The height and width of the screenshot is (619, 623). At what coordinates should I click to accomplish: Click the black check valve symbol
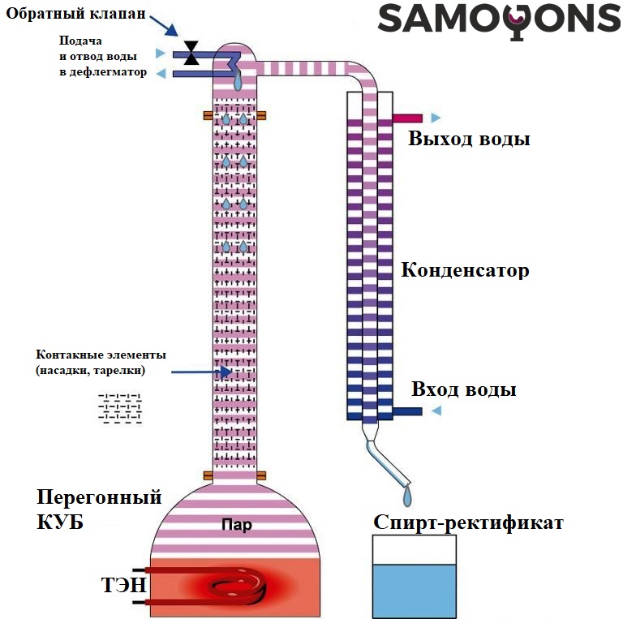coord(191,53)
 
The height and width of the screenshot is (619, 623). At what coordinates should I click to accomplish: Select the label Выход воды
coord(469,139)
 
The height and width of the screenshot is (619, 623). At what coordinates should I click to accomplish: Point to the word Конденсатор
coord(465,270)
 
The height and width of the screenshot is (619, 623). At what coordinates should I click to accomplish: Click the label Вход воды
coord(463,389)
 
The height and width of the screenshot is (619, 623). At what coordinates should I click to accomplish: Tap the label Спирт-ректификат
coord(468,522)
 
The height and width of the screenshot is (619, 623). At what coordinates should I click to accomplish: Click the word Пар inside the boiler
coord(236,525)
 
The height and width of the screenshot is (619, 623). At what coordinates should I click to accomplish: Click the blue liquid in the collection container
coord(414,591)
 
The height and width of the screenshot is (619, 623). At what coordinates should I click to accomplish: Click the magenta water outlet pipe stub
coord(406,118)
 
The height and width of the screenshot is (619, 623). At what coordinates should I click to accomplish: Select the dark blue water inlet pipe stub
coord(406,411)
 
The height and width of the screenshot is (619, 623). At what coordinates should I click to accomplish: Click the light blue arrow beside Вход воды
coord(436,411)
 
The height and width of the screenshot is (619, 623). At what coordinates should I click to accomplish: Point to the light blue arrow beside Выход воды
coord(436,118)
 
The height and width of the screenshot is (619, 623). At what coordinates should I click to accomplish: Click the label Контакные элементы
coord(101,355)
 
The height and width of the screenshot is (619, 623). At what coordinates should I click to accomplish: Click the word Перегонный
coord(99,497)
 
